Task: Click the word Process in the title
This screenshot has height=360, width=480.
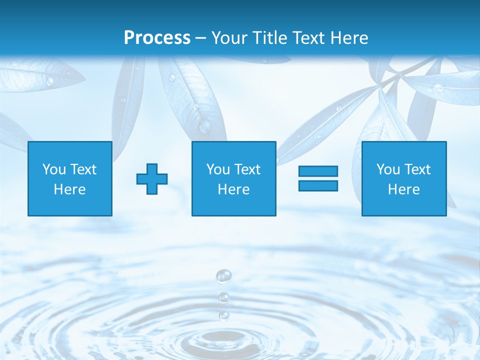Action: tap(157, 38)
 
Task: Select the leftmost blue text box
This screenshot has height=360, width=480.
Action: tap(70, 178)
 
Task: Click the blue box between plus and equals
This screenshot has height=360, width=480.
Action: tap(233, 178)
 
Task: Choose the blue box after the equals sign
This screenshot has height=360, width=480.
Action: tap(403, 178)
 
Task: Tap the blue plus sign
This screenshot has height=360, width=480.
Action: tap(152, 178)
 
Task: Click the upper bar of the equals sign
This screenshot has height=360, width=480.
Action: tap(318, 171)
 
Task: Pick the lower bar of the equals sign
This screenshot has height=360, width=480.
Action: tap(318, 185)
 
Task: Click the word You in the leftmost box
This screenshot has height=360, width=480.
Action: tap(54, 169)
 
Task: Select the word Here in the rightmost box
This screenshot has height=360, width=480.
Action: tap(403, 189)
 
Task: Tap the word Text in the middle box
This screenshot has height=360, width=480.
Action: tap(247, 169)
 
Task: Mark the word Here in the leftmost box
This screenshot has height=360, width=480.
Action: tap(70, 189)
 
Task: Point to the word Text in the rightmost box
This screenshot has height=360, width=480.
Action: tap(417, 169)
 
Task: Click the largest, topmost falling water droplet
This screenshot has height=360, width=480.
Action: tap(223, 275)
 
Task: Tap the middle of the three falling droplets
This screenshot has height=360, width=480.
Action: tap(224, 298)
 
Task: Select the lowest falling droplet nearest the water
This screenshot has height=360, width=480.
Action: tap(224, 315)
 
